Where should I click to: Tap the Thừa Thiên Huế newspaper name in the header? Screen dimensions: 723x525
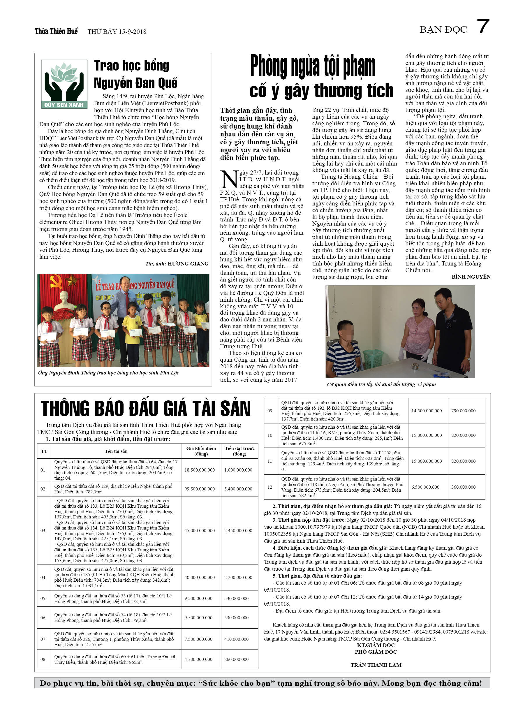[x=56, y=31]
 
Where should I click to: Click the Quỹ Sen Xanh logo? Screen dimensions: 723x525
[x=64, y=84]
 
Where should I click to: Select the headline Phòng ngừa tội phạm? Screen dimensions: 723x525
[x=313, y=67]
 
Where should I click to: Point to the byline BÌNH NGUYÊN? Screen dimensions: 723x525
[x=471, y=277]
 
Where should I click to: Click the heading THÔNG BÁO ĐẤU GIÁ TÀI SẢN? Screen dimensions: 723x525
[x=146, y=408]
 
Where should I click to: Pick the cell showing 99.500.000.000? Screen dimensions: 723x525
[x=200, y=489]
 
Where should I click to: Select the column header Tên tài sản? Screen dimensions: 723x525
[x=116, y=451]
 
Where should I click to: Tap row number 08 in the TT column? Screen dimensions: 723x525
[x=43, y=659]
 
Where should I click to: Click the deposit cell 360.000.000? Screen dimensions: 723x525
[x=463, y=487]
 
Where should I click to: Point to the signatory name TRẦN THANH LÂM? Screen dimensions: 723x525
[x=376, y=665]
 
